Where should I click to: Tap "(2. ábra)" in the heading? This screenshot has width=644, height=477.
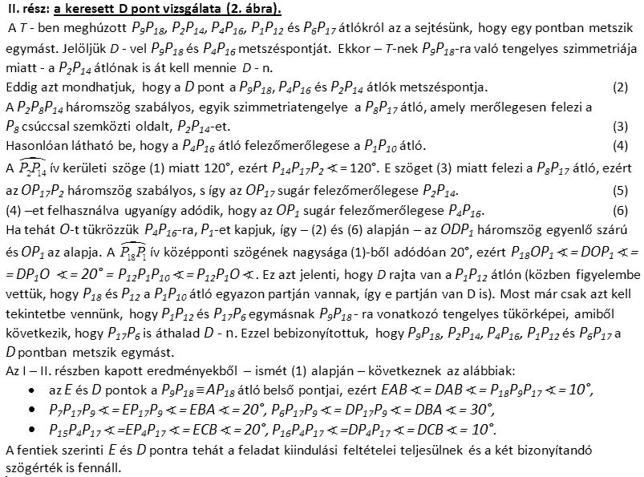pos(253,9)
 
